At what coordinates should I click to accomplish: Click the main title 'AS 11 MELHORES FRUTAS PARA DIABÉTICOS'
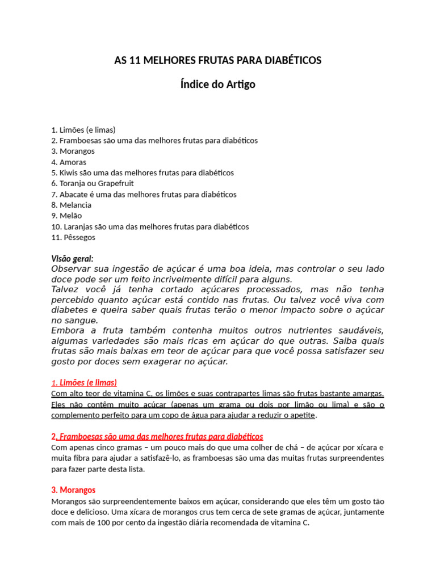click(x=218, y=60)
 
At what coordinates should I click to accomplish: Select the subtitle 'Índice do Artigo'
click(x=218, y=85)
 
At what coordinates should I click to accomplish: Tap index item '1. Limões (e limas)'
click(x=83, y=129)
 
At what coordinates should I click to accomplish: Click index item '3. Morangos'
click(x=73, y=151)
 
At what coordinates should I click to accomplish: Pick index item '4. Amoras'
click(x=69, y=162)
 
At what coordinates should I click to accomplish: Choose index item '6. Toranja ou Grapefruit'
click(x=93, y=183)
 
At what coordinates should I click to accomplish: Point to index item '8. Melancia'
click(x=71, y=205)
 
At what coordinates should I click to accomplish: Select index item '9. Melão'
click(x=66, y=216)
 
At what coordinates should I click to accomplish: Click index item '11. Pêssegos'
click(x=73, y=237)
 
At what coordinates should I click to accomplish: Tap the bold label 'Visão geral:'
click(x=72, y=259)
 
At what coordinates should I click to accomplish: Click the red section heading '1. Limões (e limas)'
click(x=84, y=382)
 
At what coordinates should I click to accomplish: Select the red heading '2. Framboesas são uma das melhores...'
click(x=157, y=436)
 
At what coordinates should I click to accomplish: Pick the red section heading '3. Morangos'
click(x=73, y=490)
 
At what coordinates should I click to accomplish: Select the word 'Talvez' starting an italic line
click(x=66, y=289)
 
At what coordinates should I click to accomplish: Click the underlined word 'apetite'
click(x=301, y=415)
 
